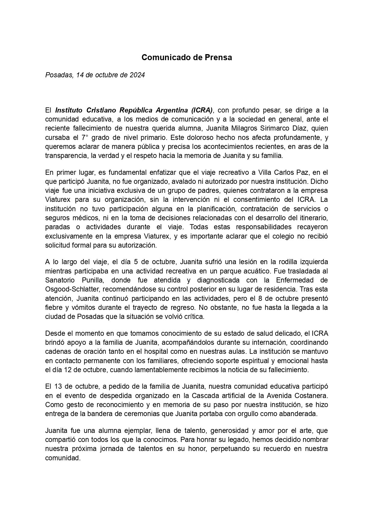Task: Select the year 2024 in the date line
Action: [x=137, y=75]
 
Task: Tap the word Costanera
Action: [x=313, y=395]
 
